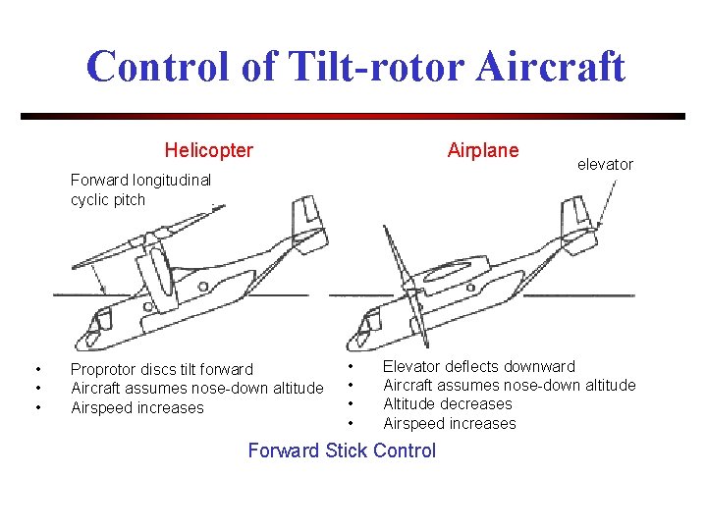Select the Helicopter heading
[x=208, y=150]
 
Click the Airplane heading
[x=482, y=150]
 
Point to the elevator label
[x=605, y=164]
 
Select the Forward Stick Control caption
[x=341, y=450]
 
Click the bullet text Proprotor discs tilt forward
[x=161, y=369]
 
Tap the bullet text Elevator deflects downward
[x=478, y=366]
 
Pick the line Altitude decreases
[x=447, y=403]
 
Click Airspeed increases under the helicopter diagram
[x=136, y=407]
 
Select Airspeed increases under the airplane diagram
[x=449, y=423]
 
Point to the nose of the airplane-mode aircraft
[x=369, y=324]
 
